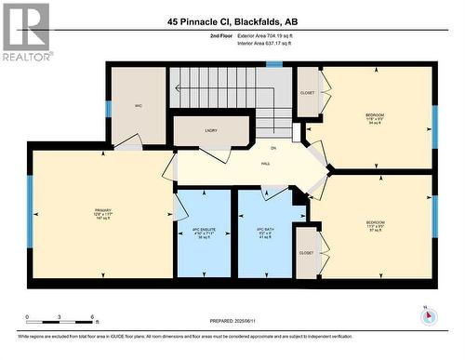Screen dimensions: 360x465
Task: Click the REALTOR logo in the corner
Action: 25,32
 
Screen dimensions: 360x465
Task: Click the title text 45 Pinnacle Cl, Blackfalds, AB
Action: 233,20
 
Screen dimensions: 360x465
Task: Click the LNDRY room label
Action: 210,131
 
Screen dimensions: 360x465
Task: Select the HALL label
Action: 265,164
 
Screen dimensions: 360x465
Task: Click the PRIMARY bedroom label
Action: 102,213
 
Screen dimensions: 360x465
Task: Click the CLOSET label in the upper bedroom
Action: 308,93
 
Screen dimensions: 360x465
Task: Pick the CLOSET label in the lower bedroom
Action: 306,252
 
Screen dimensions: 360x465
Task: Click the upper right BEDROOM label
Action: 376,117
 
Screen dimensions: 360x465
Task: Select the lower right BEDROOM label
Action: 376,224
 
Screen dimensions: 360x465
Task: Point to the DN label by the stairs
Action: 273,148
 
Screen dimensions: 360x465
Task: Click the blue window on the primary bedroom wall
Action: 30,213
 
